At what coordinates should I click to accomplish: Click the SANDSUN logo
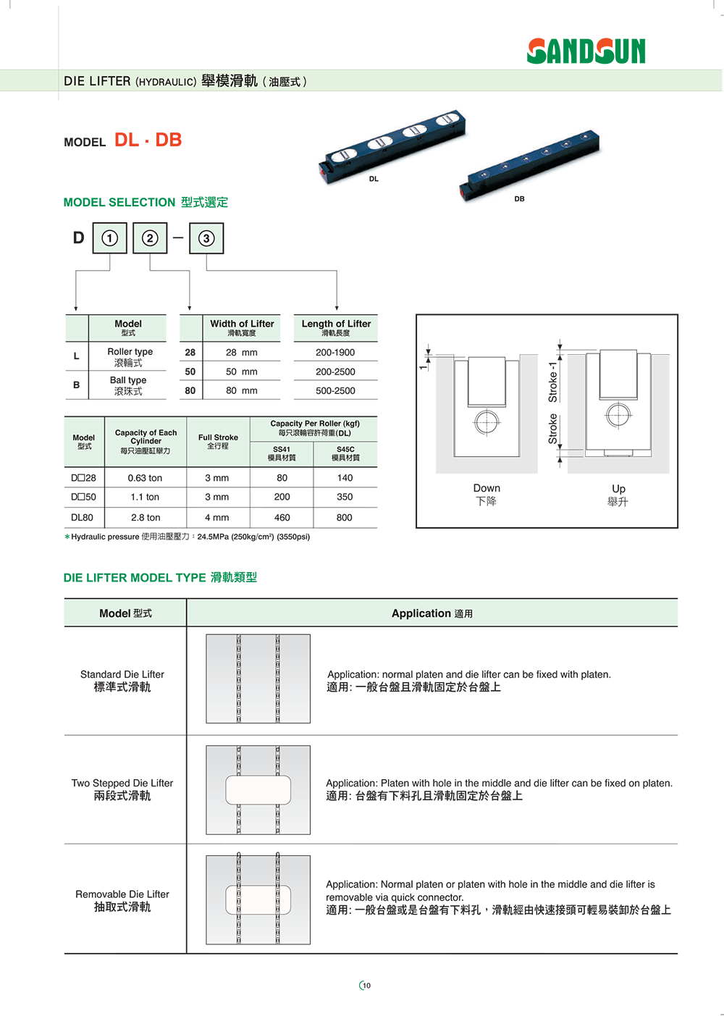[585, 51]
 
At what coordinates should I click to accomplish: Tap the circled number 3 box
[206, 238]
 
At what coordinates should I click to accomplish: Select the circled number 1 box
[110, 238]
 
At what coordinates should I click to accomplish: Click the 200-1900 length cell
[335, 352]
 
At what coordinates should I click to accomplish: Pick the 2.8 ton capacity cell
[146, 517]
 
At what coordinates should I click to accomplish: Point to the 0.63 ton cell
[145, 478]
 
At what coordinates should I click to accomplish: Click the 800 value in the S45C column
[344, 517]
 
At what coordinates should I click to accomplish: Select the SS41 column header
[282, 453]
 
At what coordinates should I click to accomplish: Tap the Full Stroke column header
[218, 441]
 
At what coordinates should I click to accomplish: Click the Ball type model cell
[128, 385]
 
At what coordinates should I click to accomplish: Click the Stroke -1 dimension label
[552, 382]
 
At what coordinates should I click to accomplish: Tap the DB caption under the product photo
[519, 198]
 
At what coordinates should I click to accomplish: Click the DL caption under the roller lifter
[374, 179]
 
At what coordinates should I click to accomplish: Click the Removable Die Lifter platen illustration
[258, 899]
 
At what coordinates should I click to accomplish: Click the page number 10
[366, 985]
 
